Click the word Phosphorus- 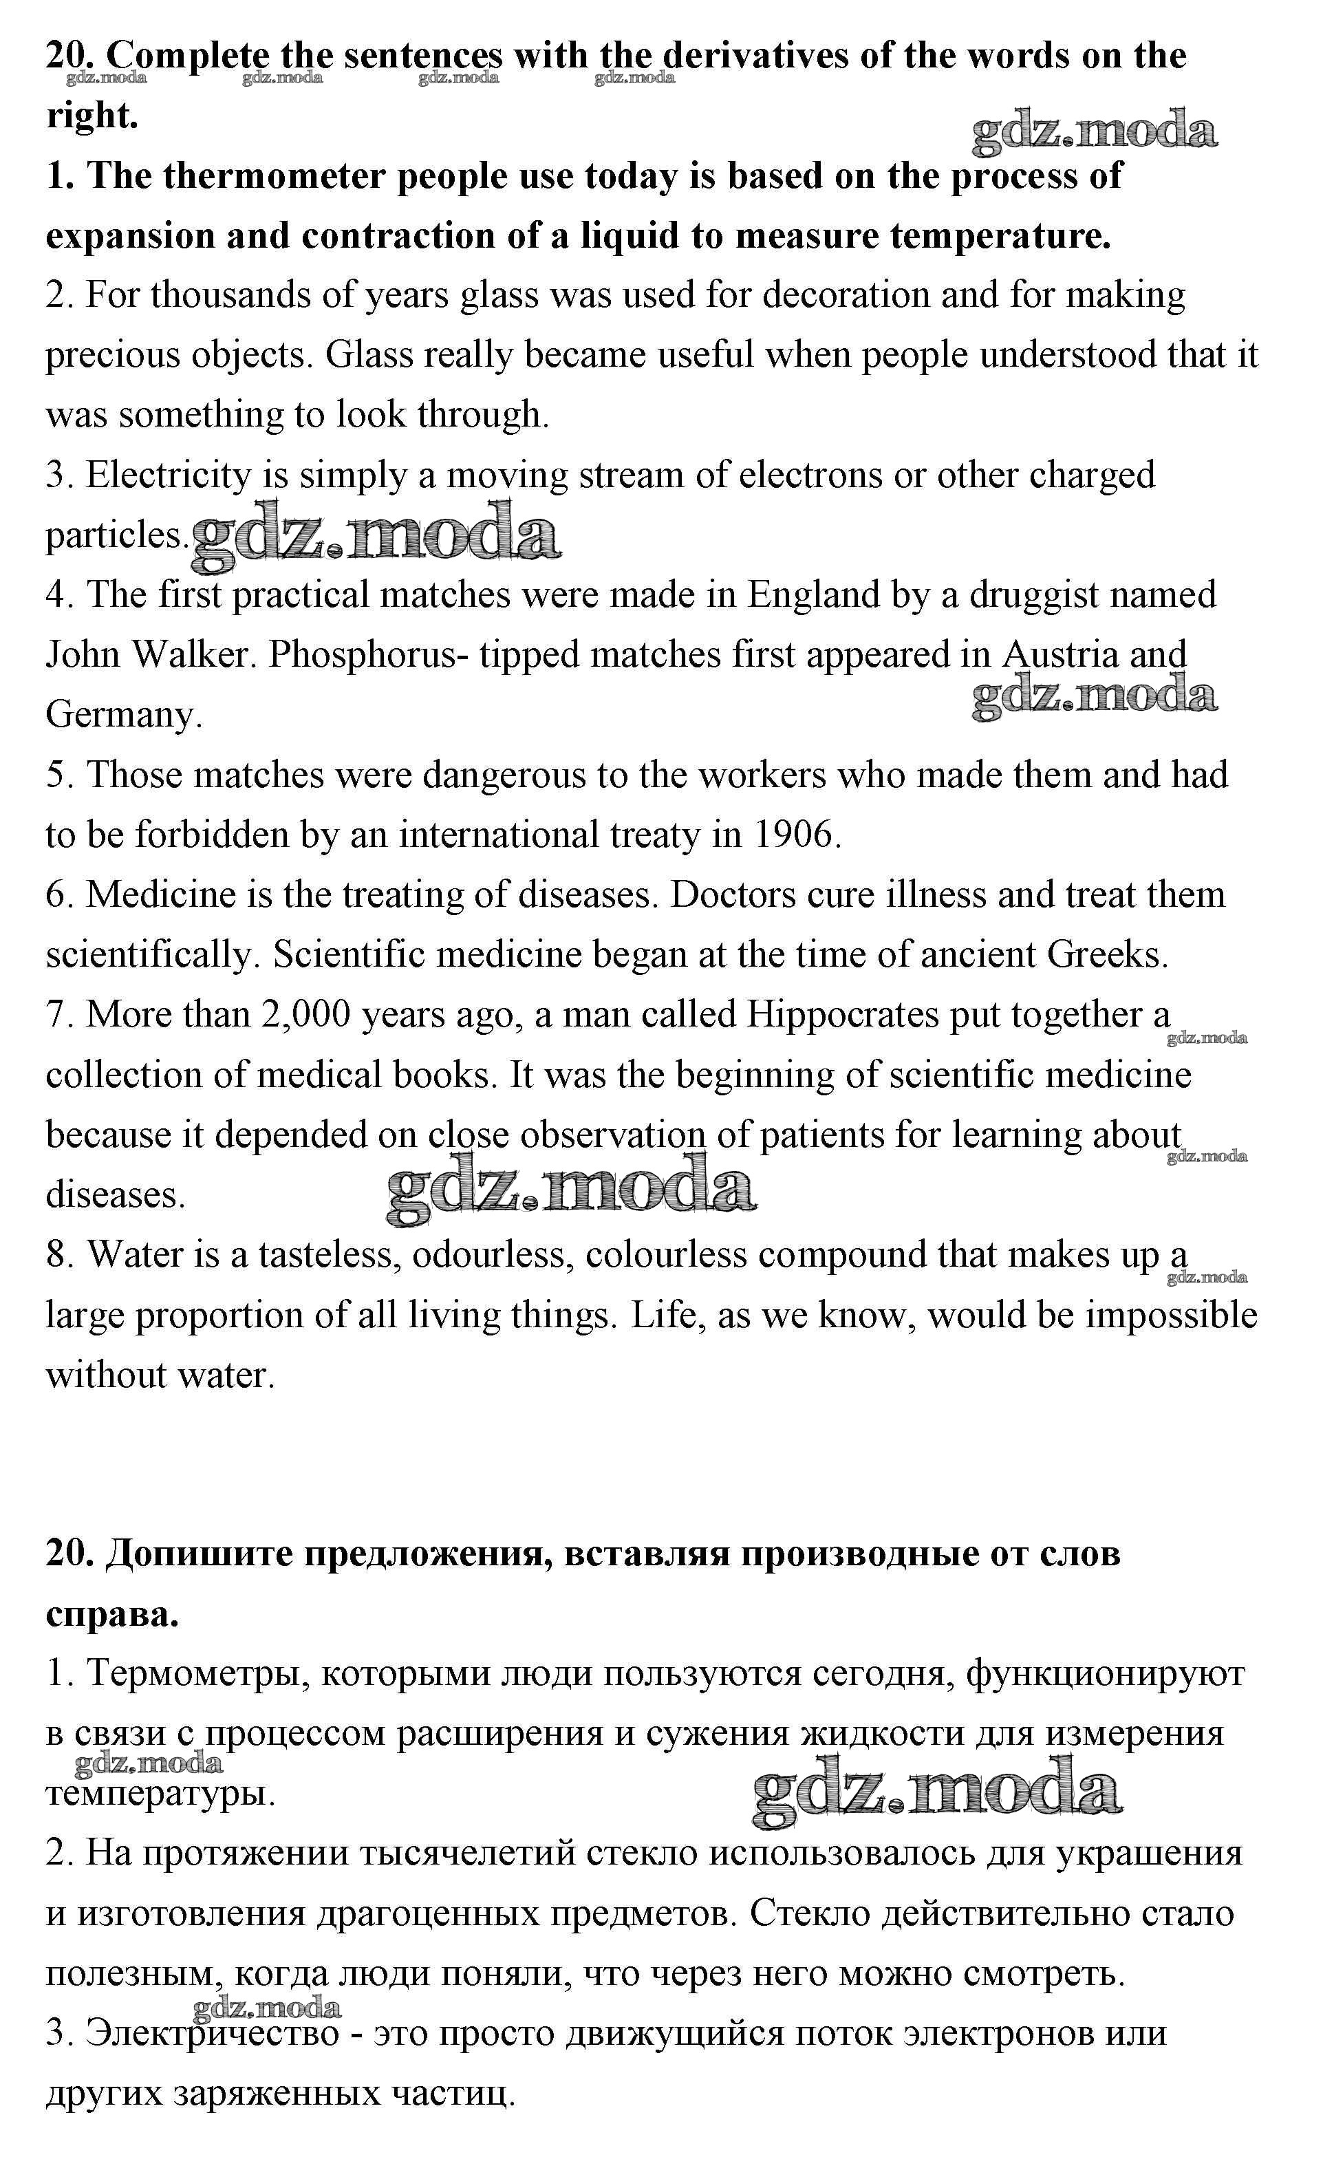tap(369, 655)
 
